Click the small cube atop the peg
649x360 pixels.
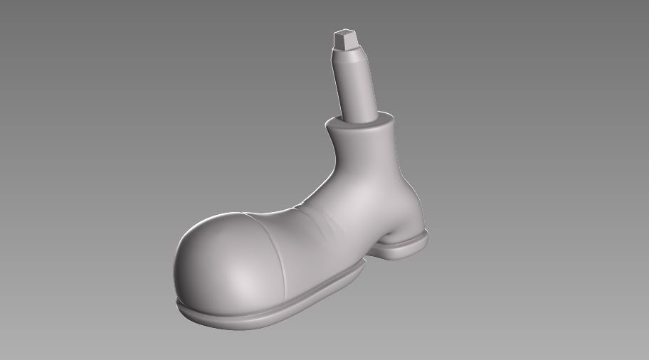(x=344, y=38)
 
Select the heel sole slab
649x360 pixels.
(x=406, y=246)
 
